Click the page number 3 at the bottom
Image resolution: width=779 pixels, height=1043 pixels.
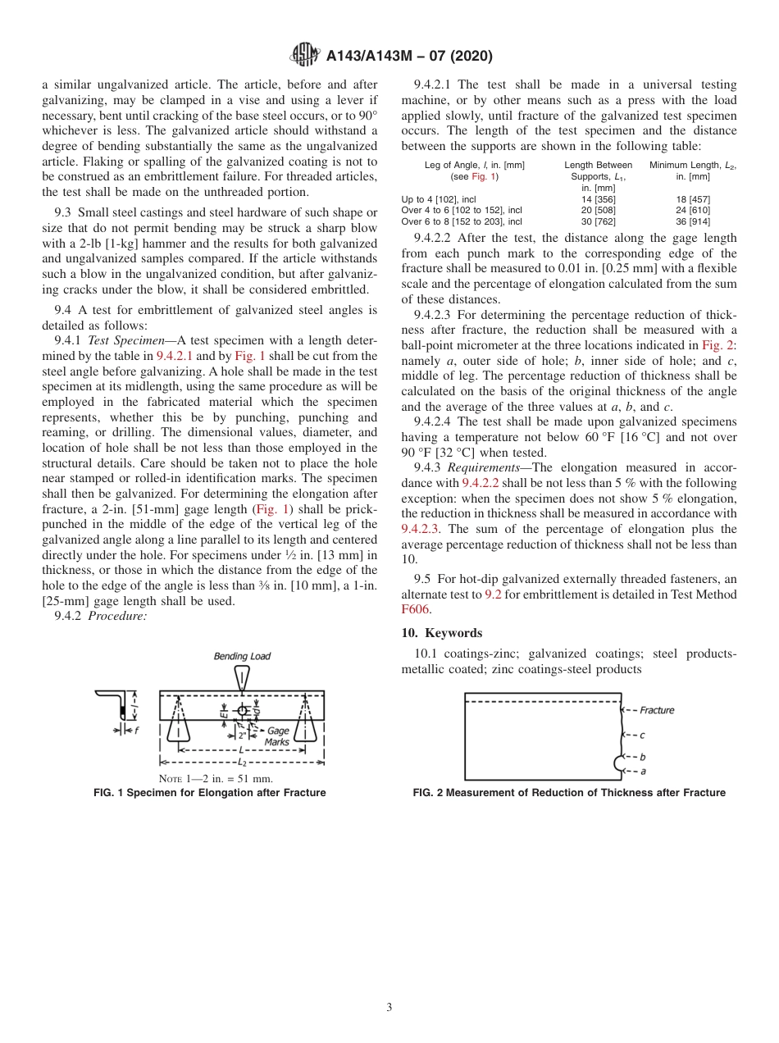389,1007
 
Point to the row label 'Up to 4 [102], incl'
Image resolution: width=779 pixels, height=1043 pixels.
439,199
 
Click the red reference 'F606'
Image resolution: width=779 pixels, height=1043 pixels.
416,609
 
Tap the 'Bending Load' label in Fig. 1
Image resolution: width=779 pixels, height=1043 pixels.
242,656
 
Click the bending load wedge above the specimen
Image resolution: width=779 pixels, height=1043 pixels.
242,676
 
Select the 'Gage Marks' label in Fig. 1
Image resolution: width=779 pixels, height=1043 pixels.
277,736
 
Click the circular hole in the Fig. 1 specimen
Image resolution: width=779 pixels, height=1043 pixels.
242,710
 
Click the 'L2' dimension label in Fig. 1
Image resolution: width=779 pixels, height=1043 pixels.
242,763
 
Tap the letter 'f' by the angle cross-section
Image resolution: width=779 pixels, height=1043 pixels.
135,731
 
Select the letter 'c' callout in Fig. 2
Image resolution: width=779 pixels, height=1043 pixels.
642,736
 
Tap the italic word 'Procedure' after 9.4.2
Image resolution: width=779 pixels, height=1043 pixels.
118,617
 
